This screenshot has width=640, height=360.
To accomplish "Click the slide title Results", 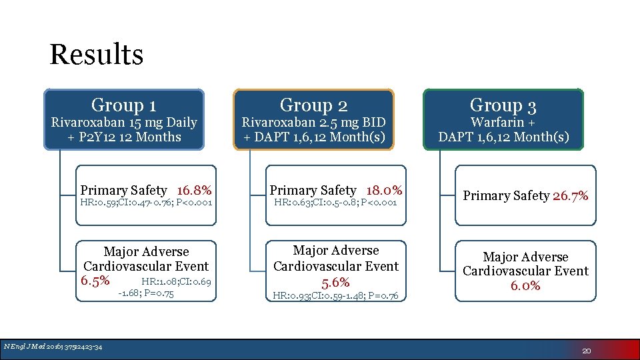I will click(96, 55).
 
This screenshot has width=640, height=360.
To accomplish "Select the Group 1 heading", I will click(124, 105).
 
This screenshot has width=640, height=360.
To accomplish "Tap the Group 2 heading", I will click(313, 105).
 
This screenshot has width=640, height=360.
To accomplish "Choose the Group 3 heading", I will click(503, 105).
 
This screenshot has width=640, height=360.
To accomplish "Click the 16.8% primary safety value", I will click(194, 190).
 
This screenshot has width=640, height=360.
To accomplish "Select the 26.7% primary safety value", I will click(571, 195).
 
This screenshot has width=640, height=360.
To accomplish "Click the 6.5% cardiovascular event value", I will click(95, 280).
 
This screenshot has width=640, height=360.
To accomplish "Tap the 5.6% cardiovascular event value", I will click(336, 282).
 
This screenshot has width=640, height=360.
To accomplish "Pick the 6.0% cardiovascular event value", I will click(525, 285).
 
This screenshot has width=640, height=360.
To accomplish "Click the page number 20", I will click(587, 351).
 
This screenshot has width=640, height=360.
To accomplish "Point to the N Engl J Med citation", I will click(53, 346).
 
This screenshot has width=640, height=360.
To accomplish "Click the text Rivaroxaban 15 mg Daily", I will click(124, 123).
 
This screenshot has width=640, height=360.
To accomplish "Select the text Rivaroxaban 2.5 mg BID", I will click(313, 123).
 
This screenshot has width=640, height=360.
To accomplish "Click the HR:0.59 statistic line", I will click(145, 202).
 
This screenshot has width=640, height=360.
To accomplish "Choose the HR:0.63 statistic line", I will click(335, 202).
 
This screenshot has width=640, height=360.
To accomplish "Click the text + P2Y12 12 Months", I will click(124, 137).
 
